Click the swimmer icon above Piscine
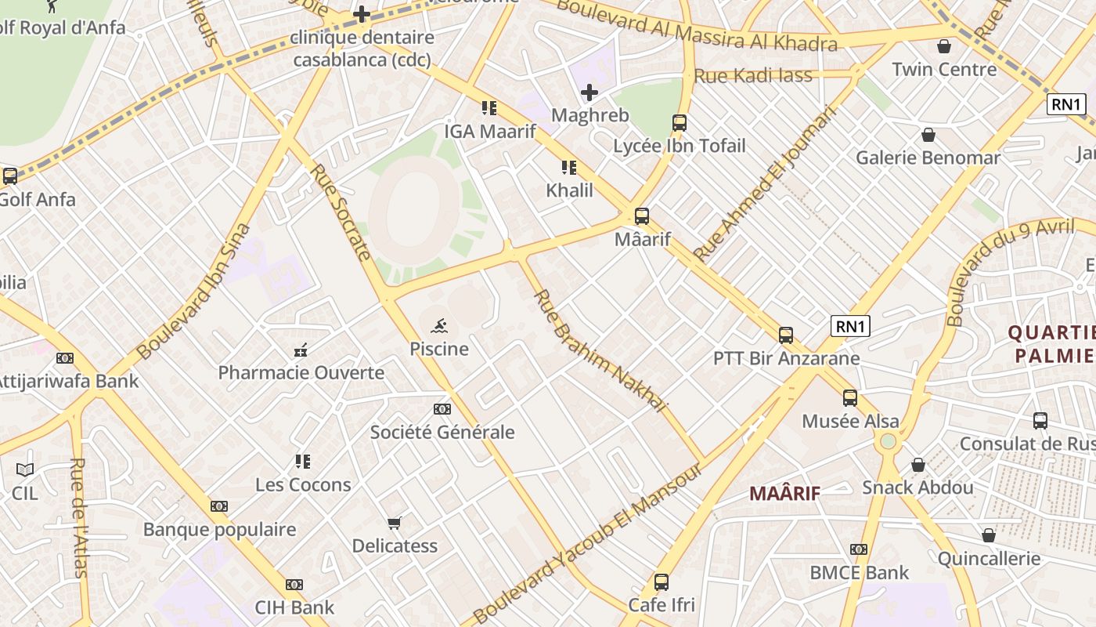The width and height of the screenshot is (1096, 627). pos(439,326)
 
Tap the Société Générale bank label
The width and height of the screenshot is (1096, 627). pos(442,432)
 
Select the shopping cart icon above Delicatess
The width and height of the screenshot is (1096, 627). pos(395,523)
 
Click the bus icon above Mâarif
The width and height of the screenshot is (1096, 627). pos(642,216)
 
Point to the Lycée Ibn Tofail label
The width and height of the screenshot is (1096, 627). pos(679,146)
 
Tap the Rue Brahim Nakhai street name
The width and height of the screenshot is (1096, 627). pos(600,350)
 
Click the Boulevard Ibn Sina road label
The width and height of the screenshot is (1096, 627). pos(193,292)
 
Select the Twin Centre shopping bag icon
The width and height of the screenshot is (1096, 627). pos(944,46)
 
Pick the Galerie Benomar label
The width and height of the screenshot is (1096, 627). pos(928,158)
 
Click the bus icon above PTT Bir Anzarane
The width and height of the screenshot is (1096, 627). pos(786,335)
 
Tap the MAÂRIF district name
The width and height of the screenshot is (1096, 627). pos(784,493)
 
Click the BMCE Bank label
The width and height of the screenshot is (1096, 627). pos(859,573)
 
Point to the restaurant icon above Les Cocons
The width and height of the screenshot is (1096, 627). pos(303,462)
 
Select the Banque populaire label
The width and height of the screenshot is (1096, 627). pos(219,529)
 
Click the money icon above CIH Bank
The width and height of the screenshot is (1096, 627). pos(294,585)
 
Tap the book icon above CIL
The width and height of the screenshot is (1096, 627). pos(25,470)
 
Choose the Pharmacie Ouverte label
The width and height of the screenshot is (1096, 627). pos(301,372)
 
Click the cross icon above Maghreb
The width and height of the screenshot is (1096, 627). pos(589,92)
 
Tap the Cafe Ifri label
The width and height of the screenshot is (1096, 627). pos(662,605)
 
